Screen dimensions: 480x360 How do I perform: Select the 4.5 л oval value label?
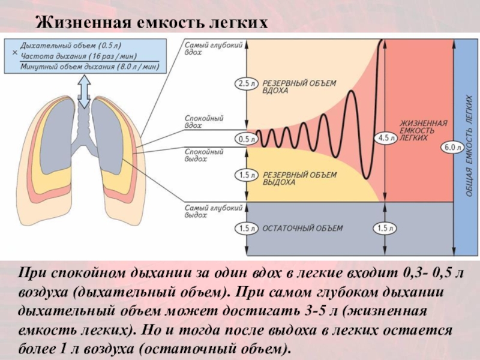383,137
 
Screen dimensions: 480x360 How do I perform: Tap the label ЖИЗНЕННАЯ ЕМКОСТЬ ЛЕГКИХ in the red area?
423,130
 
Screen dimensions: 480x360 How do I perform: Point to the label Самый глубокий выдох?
205,211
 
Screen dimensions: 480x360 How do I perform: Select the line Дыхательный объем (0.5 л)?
70,46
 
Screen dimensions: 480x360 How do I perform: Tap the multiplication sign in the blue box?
14,53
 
